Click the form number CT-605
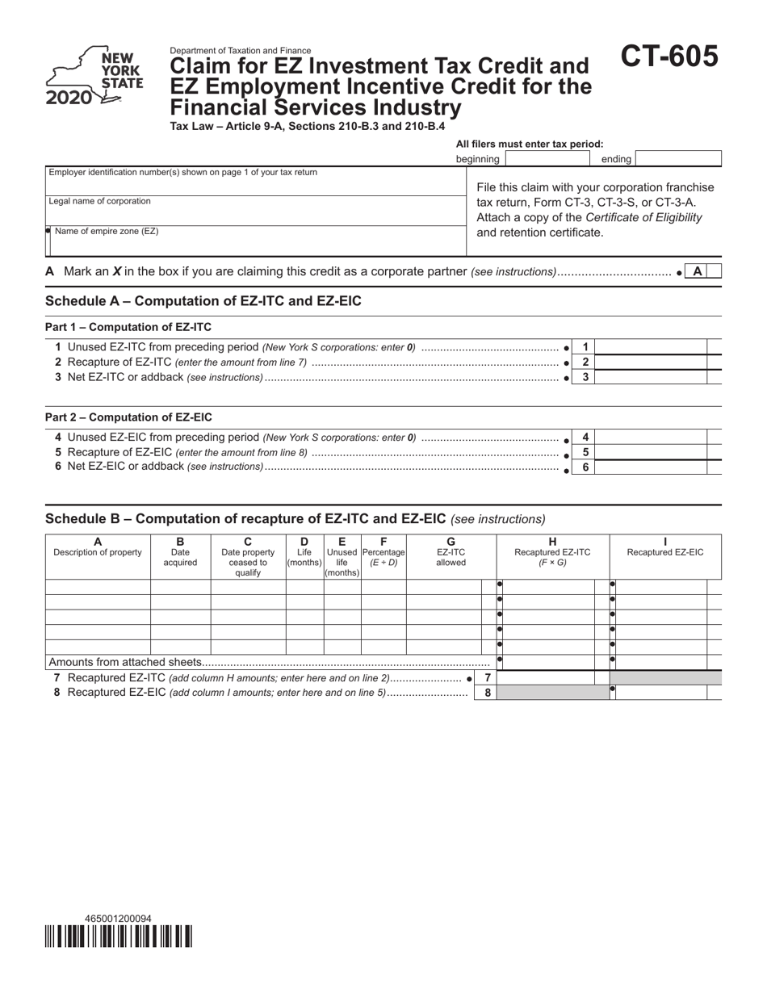(669, 57)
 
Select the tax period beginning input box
(546, 159)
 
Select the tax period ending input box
(677, 159)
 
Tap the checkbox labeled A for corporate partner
(697, 272)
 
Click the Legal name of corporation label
(99, 201)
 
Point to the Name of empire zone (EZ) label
(107, 231)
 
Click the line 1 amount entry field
(650, 347)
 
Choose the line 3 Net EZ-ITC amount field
(650, 377)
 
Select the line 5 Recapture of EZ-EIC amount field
(650, 452)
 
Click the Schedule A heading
(203, 301)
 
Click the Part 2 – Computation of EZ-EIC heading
(128, 417)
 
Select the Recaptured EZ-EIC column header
(665, 552)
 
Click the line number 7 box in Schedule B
(487, 678)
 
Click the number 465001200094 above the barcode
(118, 919)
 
